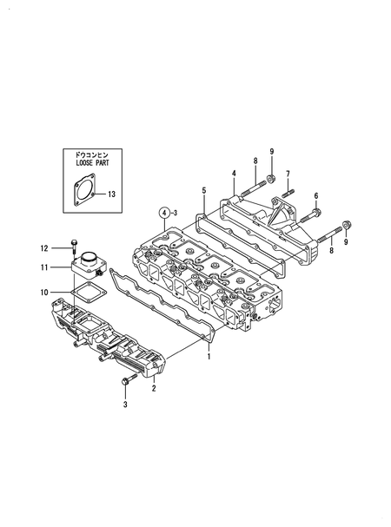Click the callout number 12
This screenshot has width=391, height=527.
pyautogui.click(x=44, y=248)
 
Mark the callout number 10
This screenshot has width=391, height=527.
pyautogui.click(x=44, y=293)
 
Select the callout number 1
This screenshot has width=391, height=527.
pyautogui.click(x=209, y=356)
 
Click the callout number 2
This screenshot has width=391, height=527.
pyautogui.click(x=154, y=388)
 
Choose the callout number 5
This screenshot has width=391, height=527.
pyautogui.click(x=204, y=189)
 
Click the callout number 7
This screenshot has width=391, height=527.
pyautogui.click(x=288, y=174)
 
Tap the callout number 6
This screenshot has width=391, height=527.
pyautogui.click(x=315, y=195)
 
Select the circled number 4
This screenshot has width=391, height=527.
pyautogui.click(x=162, y=212)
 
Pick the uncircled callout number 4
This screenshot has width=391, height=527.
pyautogui.click(x=234, y=174)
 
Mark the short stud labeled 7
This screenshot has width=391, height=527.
pyautogui.click(x=288, y=190)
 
